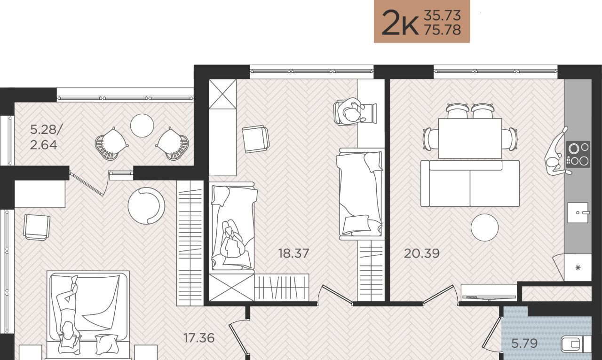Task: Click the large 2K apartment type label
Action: point(400,23)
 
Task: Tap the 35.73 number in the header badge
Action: point(443,16)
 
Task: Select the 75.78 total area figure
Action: point(443,30)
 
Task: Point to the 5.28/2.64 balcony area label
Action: point(46,138)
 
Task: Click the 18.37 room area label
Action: point(293,253)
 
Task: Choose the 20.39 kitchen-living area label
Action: point(422,253)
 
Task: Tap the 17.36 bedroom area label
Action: point(199,338)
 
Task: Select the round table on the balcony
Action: point(142,125)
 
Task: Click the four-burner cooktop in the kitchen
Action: point(578,155)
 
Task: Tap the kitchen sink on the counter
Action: point(578,212)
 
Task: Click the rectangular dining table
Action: point(470,138)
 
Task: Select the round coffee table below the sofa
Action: point(484,227)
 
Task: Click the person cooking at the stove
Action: point(557,153)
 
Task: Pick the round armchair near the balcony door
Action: point(146,206)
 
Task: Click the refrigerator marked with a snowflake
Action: point(578,267)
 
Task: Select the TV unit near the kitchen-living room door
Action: point(489,293)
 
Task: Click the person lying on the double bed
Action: point(69,314)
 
